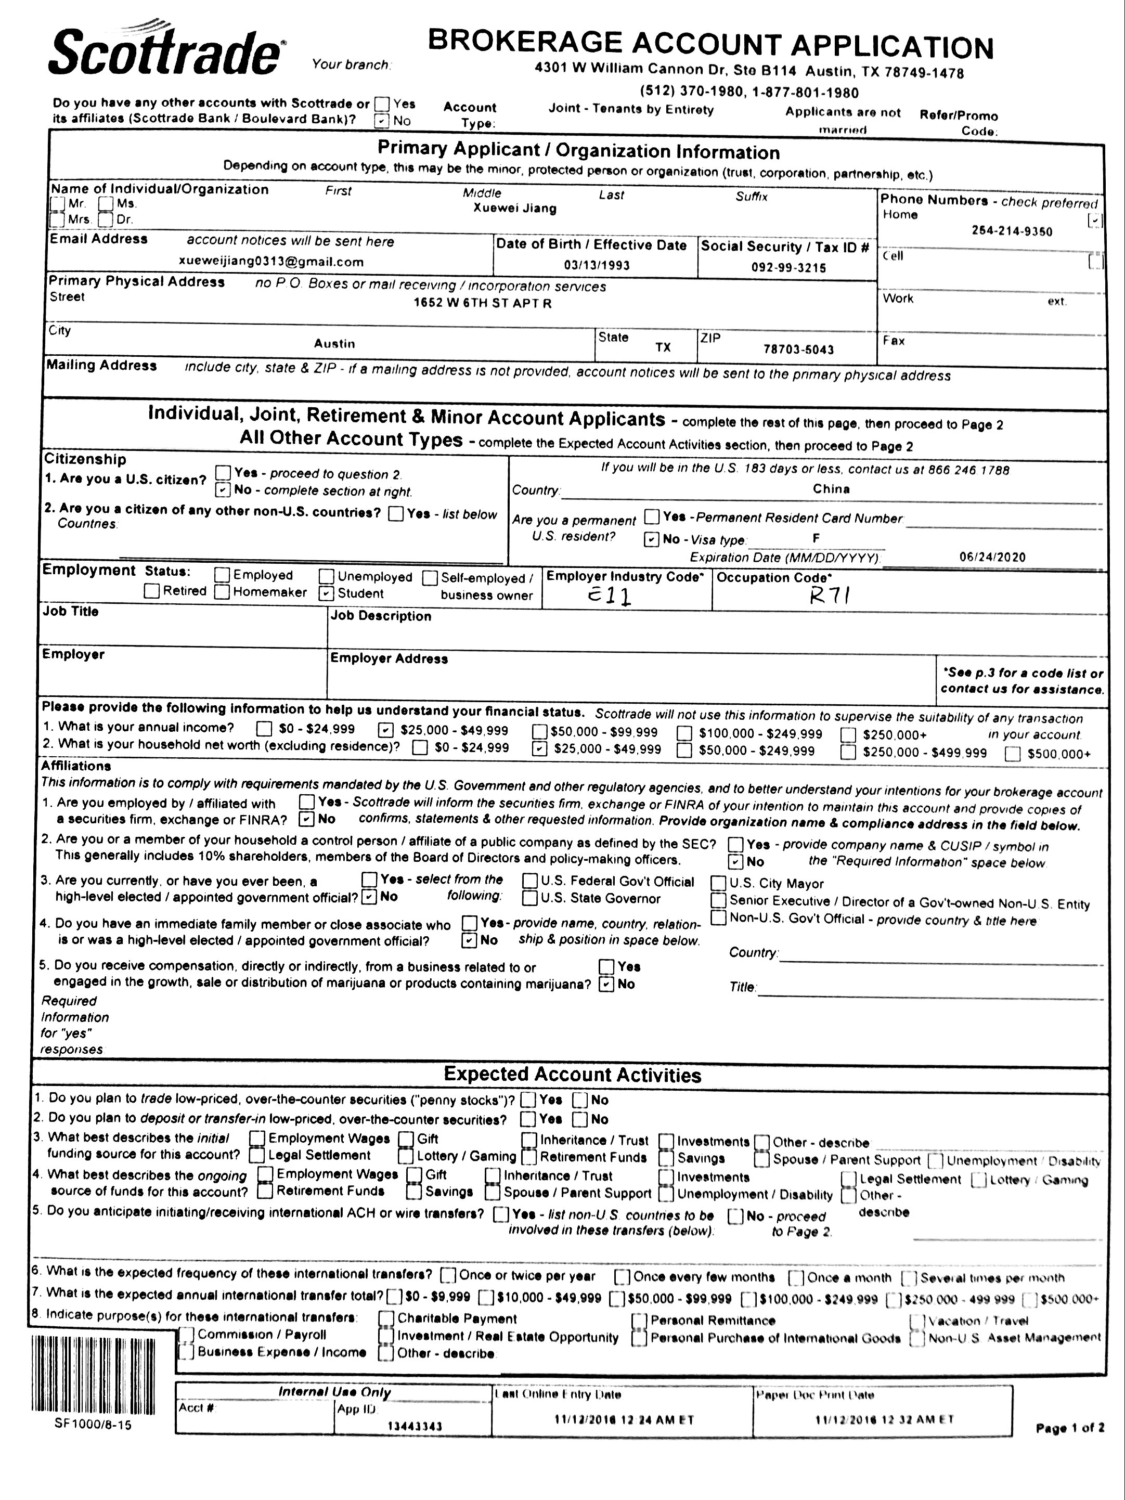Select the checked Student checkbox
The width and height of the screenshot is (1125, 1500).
pyautogui.click(x=327, y=593)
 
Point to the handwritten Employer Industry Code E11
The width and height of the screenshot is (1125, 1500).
pyautogui.click(x=609, y=596)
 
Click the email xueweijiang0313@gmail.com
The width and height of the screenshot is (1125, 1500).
pyautogui.click(x=271, y=262)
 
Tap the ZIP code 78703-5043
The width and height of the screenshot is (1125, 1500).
pyautogui.click(x=798, y=349)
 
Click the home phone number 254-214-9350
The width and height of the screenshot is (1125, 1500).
pyautogui.click(x=1012, y=231)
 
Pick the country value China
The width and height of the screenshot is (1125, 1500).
pyautogui.click(x=831, y=489)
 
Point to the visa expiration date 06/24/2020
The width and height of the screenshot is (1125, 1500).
pyautogui.click(x=992, y=557)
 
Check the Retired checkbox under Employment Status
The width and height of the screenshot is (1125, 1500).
pyautogui.click(x=152, y=591)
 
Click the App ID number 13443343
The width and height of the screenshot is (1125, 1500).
pyautogui.click(x=415, y=1426)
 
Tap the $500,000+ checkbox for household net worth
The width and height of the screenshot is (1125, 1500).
pyautogui.click(x=1013, y=754)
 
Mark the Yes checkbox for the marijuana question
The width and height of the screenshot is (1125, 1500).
pyautogui.click(x=607, y=966)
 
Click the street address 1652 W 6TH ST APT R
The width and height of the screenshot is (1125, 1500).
pyautogui.click(x=482, y=303)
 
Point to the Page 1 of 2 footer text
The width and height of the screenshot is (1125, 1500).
pyautogui.click(x=1069, y=1427)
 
